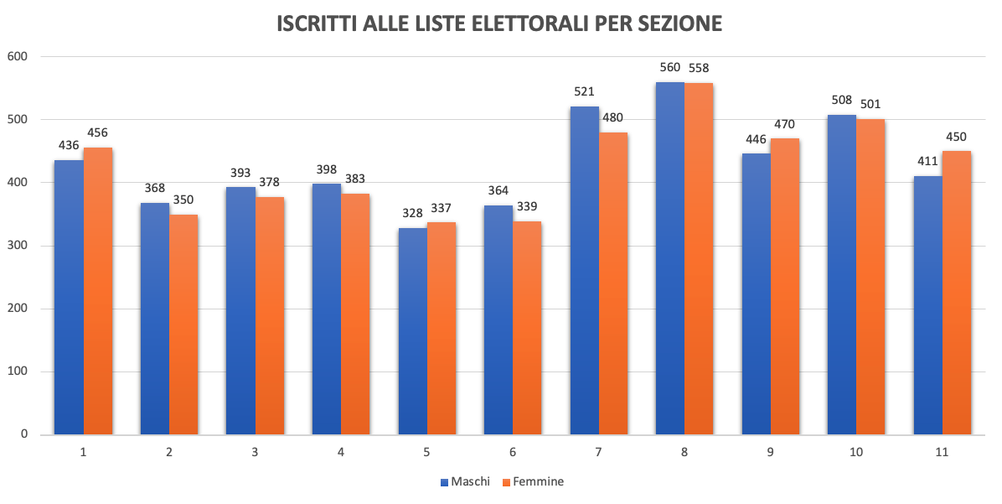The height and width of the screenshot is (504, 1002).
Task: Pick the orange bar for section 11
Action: pyautogui.click(x=957, y=293)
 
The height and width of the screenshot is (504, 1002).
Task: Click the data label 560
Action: pyautogui.click(x=669, y=68)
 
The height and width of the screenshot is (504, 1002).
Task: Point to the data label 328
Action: pyautogui.click(x=412, y=213)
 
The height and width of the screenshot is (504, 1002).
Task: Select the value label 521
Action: pyautogui.click(x=584, y=91)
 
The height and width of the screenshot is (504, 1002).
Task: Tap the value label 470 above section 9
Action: pyautogui.click(x=785, y=124)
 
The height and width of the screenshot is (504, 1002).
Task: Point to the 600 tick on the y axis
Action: pyautogui.click(x=18, y=57)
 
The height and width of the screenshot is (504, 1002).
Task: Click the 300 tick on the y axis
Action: pyautogui.click(x=18, y=246)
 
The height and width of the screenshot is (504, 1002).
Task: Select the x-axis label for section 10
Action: pyautogui.click(x=855, y=452)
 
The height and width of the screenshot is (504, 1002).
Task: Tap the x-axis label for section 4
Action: pyautogui.click(x=341, y=452)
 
